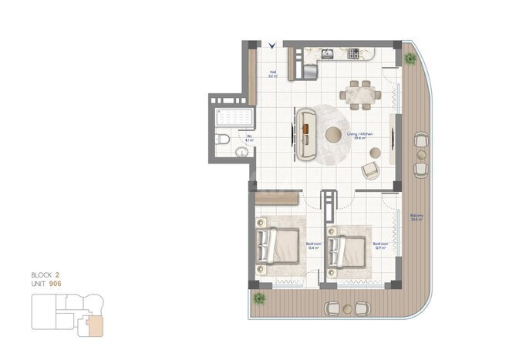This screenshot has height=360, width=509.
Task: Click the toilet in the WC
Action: coord(221,140)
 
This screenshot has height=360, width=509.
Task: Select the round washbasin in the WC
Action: coord(242,153)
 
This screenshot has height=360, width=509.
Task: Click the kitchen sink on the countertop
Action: coord(327,54)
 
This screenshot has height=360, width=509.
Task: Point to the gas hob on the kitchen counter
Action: coord(355,54)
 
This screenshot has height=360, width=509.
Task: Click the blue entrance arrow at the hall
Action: coord(272,45)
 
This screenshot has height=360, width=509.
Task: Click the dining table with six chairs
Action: coord(361,93)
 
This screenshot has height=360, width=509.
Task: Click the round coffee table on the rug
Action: coord(334,135)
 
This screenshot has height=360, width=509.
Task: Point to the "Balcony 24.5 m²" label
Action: coord(417,217)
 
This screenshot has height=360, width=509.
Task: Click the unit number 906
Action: coord(56,284)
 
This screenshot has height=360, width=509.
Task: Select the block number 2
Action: coord(57,274)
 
